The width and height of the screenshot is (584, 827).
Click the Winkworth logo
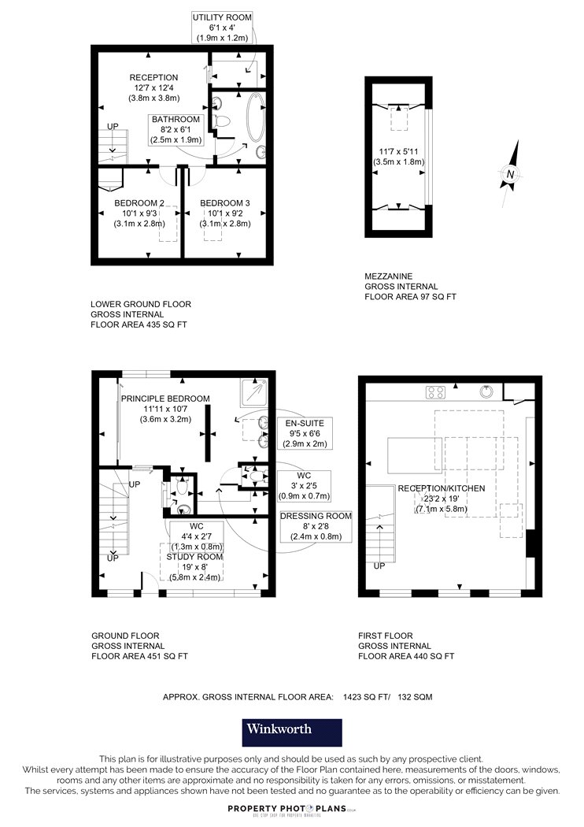292,732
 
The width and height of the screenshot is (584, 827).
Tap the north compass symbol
510,173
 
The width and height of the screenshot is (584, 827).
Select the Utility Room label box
222,28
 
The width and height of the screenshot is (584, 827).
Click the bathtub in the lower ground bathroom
256,117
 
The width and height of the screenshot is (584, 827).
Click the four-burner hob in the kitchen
435,392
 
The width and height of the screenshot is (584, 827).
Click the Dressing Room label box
316,526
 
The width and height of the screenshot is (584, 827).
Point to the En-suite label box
305,433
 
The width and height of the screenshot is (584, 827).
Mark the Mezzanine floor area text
410,287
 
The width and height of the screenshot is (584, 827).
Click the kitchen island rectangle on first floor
415,455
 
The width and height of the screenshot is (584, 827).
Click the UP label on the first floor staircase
379,566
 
